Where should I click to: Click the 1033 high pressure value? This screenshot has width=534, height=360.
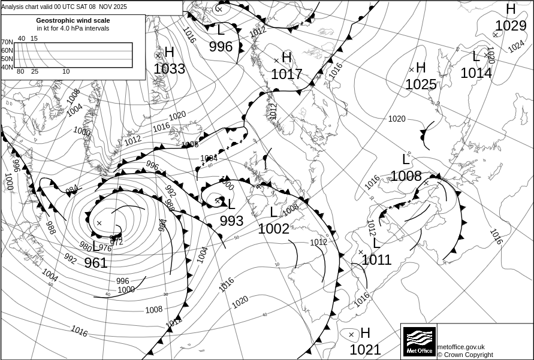click(x=169, y=69)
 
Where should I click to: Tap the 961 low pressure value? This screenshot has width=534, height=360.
click(x=96, y=263)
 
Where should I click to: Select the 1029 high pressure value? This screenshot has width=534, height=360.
click(x=510, y=26)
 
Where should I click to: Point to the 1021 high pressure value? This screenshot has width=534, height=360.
click(x=365, y=350)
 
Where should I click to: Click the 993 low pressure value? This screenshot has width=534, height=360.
click(x=231, y=221)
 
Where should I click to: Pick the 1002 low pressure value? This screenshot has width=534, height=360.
click(x=273, y=229)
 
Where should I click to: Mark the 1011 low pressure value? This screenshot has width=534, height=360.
click(x=376, y=260)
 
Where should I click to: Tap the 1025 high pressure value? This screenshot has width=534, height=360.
click(x=421, y=84)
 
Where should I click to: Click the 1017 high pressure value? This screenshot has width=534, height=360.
click(x=286, y=74)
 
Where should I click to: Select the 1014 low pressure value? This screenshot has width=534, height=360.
click(x=476, y=73)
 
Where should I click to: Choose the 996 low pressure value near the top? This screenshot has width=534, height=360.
click(x=221, y=47)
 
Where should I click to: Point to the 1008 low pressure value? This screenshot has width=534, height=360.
click(x=406, y=176)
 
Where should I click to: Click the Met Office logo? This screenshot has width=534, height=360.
click(x=419, y=341)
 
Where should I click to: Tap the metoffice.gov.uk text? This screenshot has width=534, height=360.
click(x=461, y=347)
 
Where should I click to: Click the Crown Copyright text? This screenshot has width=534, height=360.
click(x=465, y=355)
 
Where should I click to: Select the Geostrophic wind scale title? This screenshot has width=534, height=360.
click(x=73, y=20)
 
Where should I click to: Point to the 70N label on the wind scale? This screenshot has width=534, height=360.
click(x=7, y=43)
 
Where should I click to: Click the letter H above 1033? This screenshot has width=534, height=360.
click(x=169, y=53)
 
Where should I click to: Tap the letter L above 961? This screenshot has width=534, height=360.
click(x=96, y=246)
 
